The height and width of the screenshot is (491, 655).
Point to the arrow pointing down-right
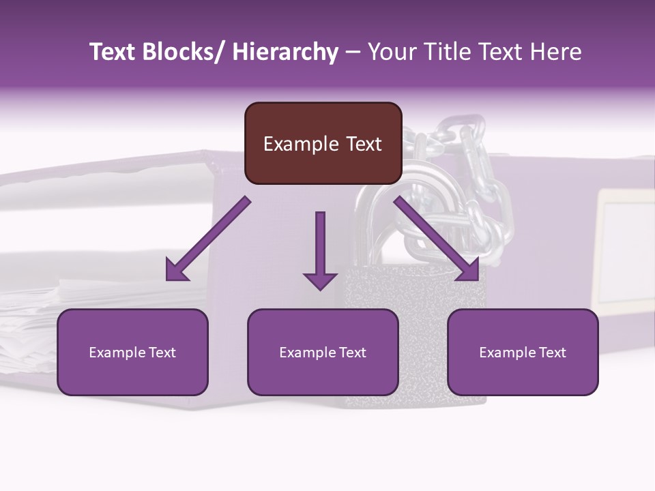pyautogui.click(x=437, y=239)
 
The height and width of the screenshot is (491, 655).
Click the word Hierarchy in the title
pyautogui.click(x=285, y=52)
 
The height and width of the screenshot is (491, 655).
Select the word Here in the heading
pyautogui.click(x=556, y=52)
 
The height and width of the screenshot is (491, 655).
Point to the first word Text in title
pyautogui.click(x=111, y=52)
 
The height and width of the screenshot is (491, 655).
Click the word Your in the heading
pyautogui.click(x=389, y=52)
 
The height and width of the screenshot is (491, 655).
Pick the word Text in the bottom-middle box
pyautogui.click(x=351, y=353)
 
